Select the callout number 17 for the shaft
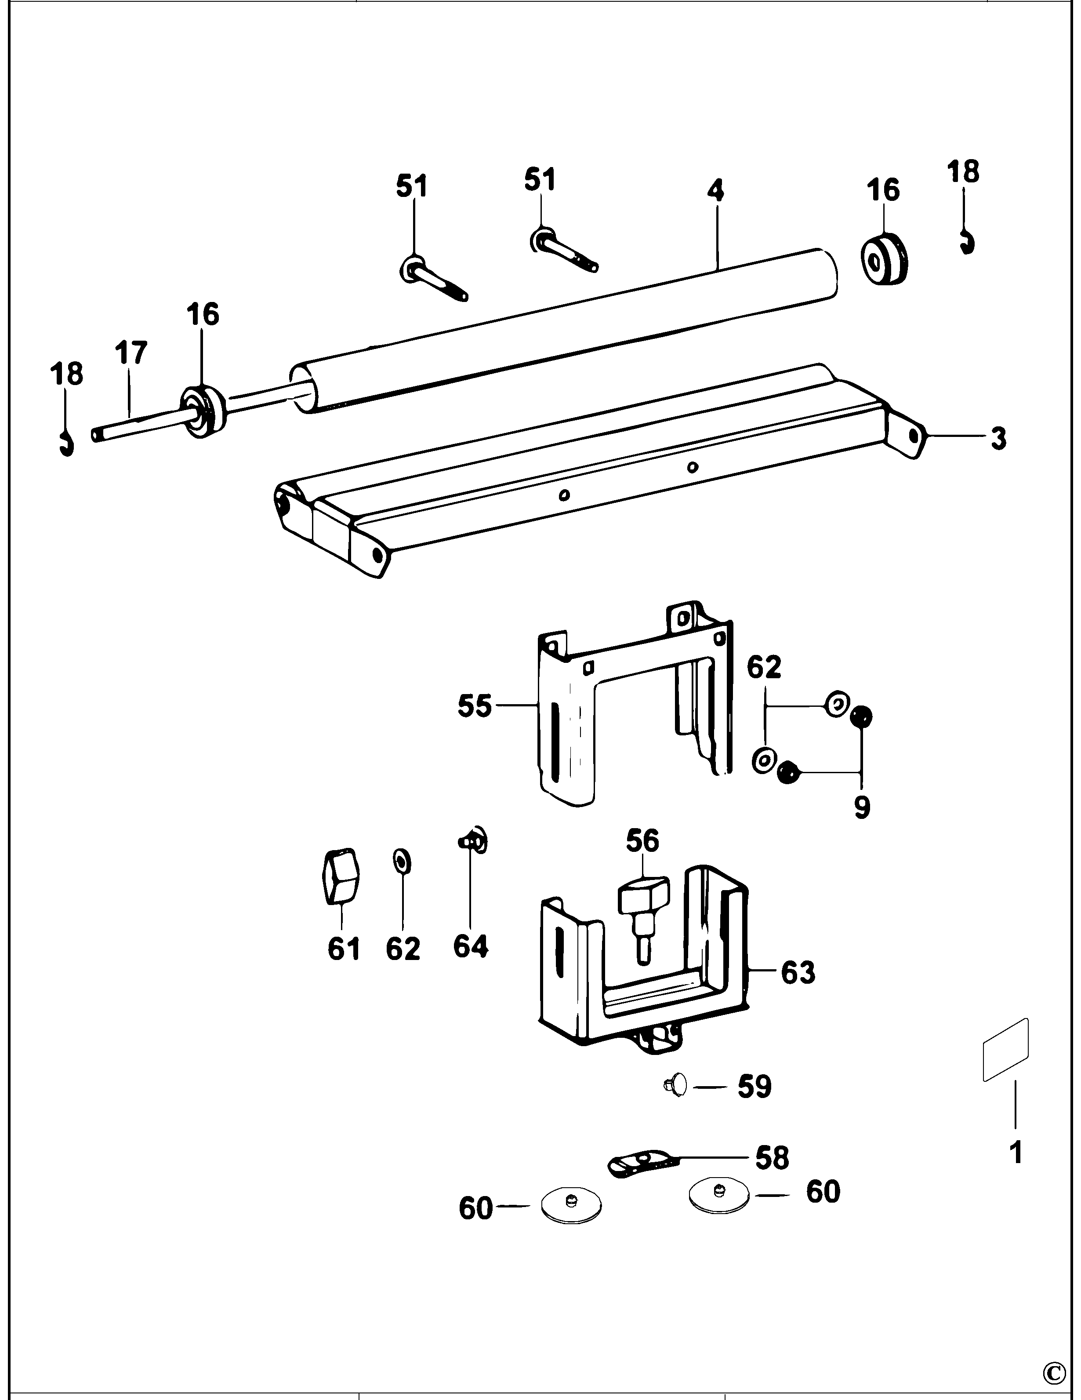pos(131,353)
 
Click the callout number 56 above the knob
pos(642,840)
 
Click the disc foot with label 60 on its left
pos(571,1205)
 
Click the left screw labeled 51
pos(434,280)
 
